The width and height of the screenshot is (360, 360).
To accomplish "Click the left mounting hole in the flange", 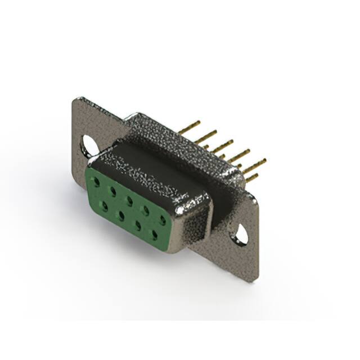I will tap(88, 145).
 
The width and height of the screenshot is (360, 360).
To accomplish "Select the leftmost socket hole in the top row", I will tap(97, 182).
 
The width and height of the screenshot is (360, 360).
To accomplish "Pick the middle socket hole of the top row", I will tap(129, 200).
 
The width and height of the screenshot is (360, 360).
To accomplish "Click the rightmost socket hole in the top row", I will tap(163, 218).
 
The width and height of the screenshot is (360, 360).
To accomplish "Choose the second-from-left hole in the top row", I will tap(113, 191).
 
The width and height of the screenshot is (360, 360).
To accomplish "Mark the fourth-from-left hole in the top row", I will tap(146, 209).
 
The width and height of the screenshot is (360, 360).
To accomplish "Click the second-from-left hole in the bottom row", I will tap(121, 214).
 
